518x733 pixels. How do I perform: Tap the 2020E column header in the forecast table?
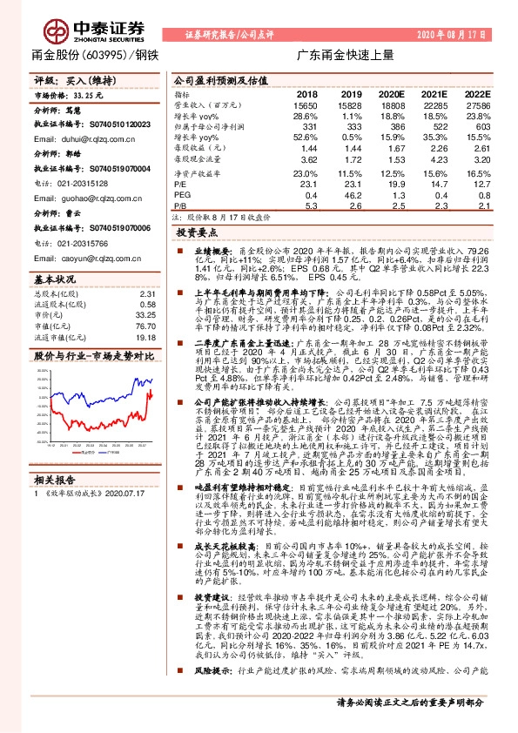[392, 94]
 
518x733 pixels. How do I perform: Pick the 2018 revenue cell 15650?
[306, 104]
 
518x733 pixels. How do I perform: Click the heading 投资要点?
[195, 233]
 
